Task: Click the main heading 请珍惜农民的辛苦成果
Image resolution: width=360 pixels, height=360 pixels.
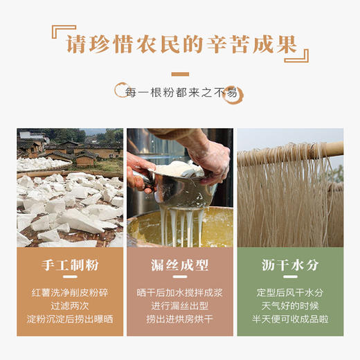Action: (180, 45)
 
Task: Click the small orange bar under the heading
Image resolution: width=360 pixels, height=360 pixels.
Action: (180, 73)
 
